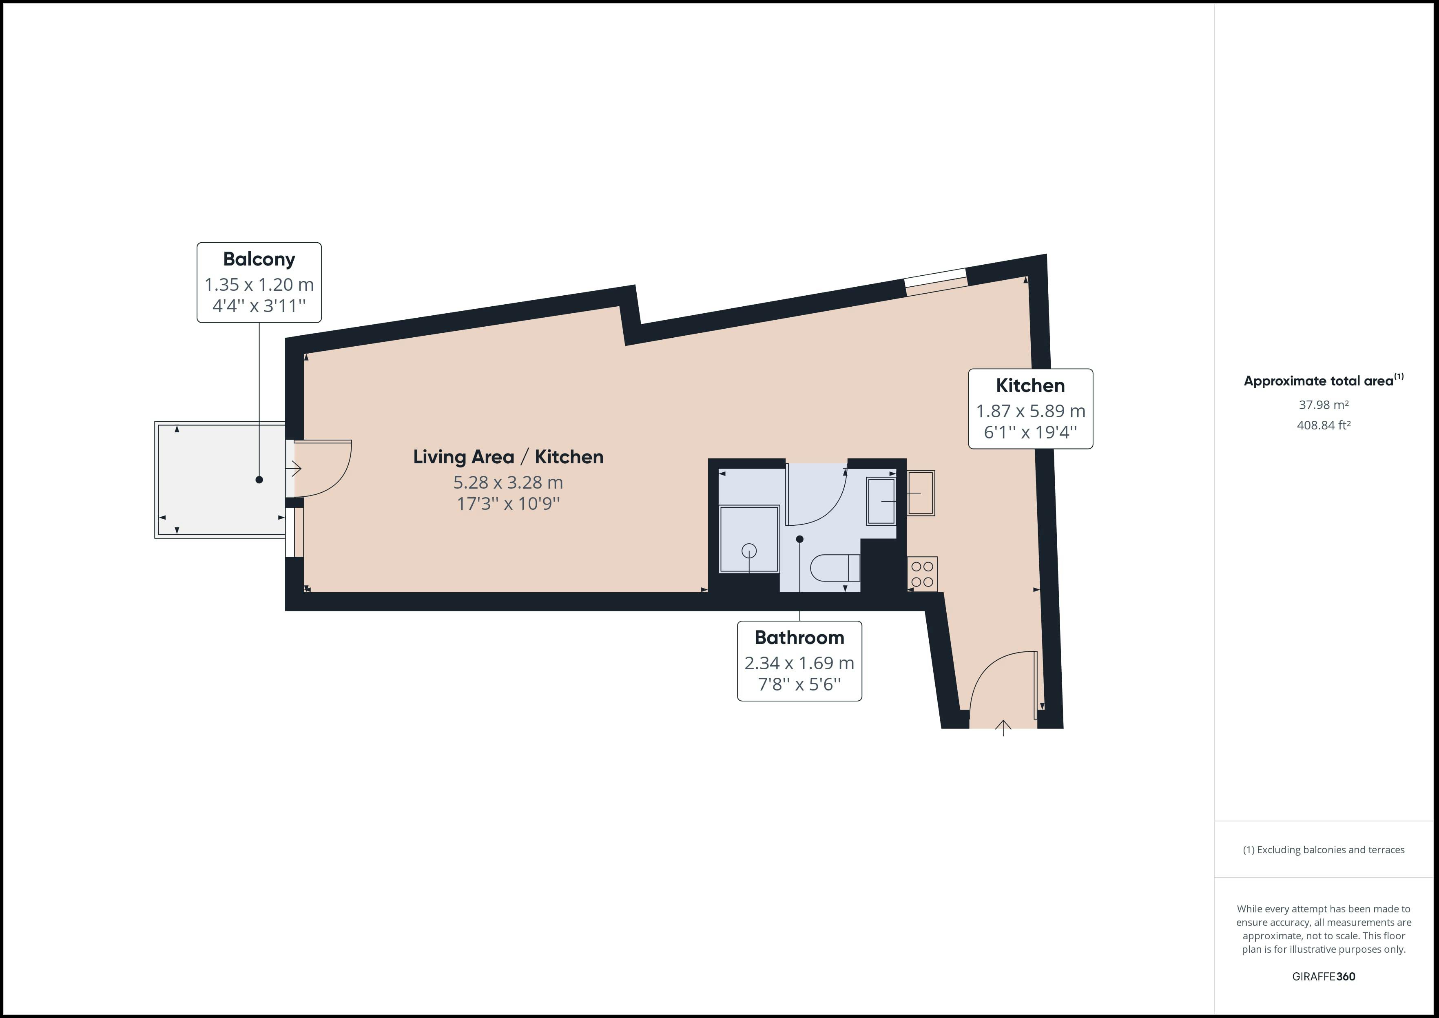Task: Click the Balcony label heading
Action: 259,259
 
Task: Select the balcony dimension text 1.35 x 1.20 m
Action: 259,285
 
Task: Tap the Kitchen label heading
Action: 1030,385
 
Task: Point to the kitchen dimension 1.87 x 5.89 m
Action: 1030,411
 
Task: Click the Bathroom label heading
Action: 799,637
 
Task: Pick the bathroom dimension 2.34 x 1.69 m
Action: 799,663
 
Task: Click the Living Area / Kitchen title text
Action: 508,457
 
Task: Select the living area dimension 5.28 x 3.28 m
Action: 508,482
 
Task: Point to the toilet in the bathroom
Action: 835,568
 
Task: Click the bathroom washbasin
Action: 881,501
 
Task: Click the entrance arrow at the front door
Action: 1003,728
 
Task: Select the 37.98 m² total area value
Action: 1324,405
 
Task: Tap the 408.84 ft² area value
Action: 1324,425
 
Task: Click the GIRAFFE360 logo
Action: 1324,977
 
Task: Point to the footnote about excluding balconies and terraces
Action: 1324,850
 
